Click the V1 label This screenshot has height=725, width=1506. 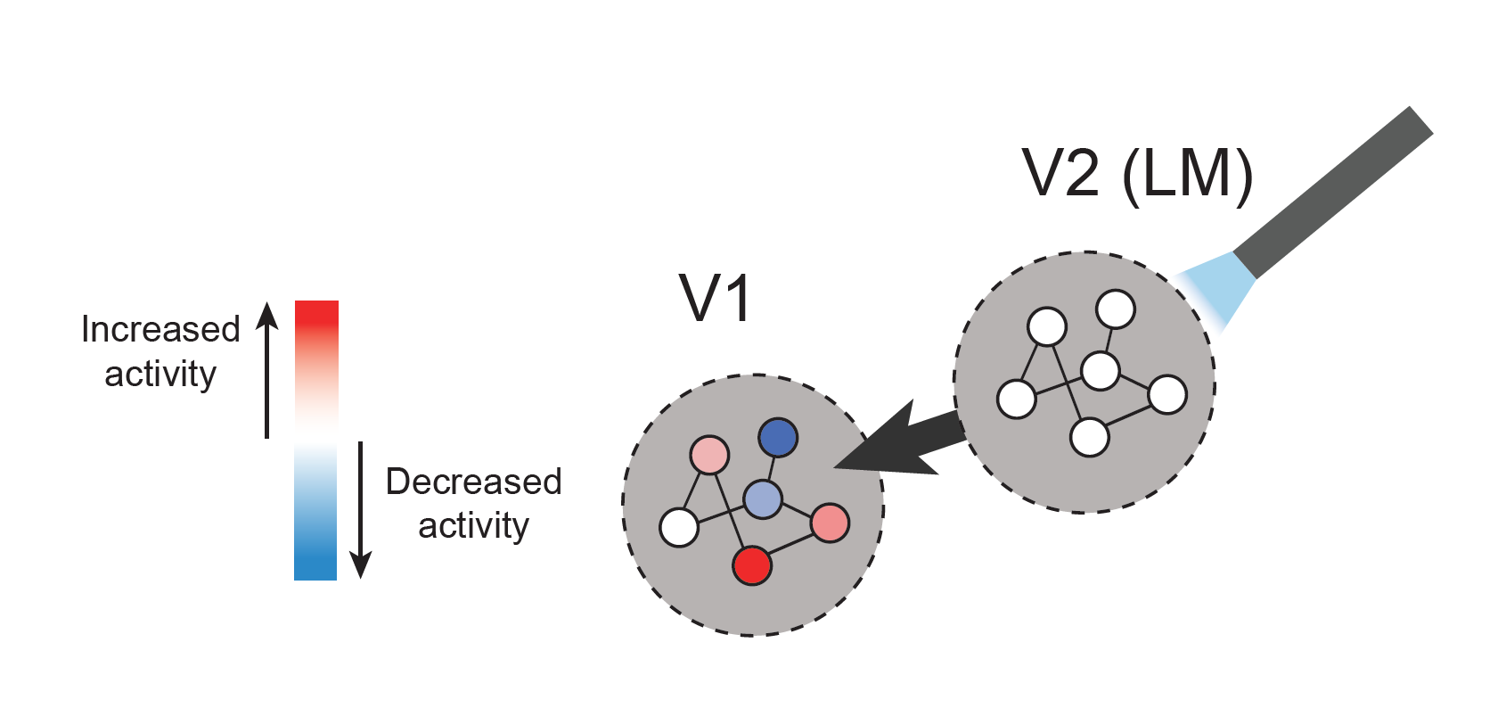point(716,298)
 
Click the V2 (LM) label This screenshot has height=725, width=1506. point(1137,173)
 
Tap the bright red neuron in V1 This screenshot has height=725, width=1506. point(752,565)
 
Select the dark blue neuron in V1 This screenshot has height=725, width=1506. point(778,438)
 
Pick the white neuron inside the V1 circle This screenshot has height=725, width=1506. point(679,527)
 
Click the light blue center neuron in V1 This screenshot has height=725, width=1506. point(763,499)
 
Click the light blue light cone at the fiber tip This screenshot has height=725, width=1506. point(1217,285)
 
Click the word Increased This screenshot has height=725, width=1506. point(160,329)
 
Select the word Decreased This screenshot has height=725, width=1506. point(473,482)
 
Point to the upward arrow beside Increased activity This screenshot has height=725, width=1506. point(266,369)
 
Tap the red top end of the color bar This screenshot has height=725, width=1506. point(316,317)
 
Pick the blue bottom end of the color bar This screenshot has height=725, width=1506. point(315,562)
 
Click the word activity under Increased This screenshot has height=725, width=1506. point(160,374)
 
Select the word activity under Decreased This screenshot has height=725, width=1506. point(473,525)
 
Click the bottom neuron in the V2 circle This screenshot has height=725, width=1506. point(1089,438)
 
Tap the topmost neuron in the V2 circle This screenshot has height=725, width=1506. point(1116,309)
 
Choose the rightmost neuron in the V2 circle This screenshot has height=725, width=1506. point(1167,395)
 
